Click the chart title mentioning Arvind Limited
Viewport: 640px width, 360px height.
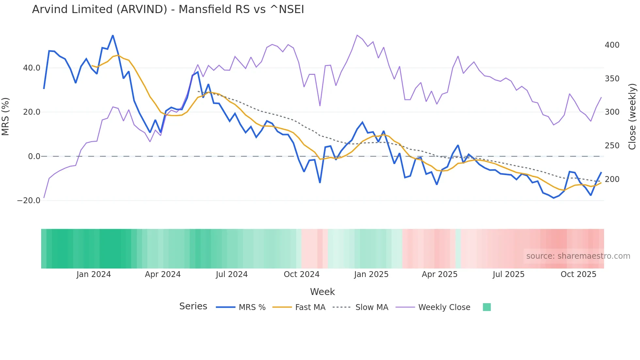pos(168,9)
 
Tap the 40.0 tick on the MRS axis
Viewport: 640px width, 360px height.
pos(31,68)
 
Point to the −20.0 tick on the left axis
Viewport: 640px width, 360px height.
pos(29,201)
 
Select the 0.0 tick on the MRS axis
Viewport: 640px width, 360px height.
pos(34,156)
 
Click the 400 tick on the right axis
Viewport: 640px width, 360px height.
pos(612,45)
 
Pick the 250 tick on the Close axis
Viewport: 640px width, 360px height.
pos(612,146)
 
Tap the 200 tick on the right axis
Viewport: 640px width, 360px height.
pos(612,179)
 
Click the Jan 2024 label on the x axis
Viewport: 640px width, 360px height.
pos(94,274)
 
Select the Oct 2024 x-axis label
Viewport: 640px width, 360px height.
pos(301,274)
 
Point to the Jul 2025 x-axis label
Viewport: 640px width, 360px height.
pos(508,274)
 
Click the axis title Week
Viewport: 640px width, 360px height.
pos(322,292)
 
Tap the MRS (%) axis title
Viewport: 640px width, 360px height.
pos(6,117)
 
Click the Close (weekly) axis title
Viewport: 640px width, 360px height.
pos(632,117)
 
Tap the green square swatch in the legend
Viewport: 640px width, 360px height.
pos(487,307)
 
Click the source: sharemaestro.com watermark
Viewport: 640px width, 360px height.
pos(578,256)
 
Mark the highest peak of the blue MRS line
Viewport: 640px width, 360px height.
pos(113,35)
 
